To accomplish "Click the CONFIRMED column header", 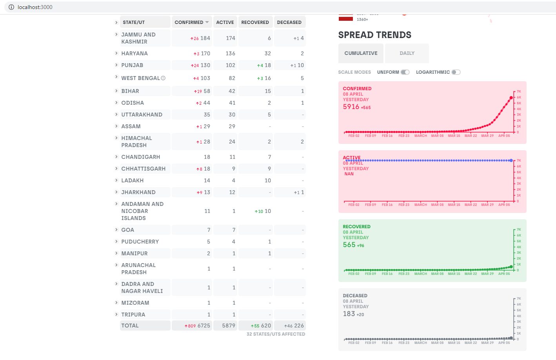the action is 191,22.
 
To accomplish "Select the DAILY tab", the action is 407,53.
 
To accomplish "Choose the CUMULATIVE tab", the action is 361,53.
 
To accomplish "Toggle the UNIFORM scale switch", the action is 405,72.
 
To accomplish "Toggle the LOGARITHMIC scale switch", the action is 456,72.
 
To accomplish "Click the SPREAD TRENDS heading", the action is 374,35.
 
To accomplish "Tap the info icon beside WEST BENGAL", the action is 163,78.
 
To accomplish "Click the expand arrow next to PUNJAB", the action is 116,65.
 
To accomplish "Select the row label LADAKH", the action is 132,180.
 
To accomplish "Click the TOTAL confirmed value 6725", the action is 204,326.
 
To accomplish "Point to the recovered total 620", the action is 266,326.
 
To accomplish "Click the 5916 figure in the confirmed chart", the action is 351,107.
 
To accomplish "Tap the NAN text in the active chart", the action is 349,174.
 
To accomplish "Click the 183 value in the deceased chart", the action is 349,314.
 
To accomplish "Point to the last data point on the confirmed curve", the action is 511,98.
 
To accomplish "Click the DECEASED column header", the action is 289,22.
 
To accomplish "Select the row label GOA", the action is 127,230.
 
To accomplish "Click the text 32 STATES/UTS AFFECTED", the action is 276,334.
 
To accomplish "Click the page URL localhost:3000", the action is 35,7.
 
